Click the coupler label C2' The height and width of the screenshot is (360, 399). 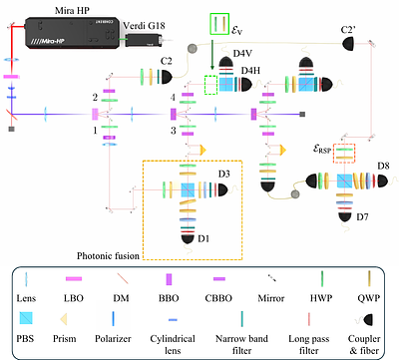point(350,31)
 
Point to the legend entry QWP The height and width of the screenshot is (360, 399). point(369,298)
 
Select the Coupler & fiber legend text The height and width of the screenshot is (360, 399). point(369,336)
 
